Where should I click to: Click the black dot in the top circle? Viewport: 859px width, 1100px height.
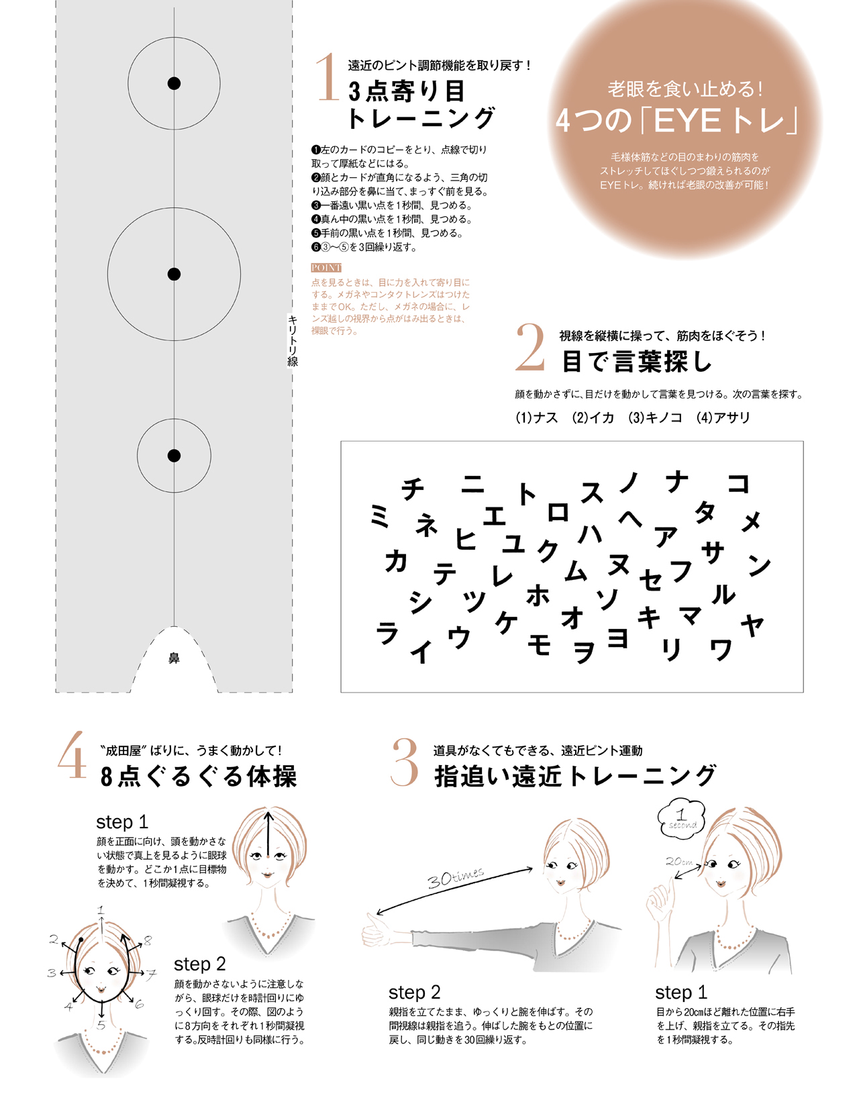click(x=174, y=83)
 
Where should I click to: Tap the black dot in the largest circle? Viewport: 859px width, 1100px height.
click(x=174, y=274)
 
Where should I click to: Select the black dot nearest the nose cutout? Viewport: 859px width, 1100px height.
click(x=174, y=456)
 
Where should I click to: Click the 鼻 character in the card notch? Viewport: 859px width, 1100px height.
click(x=174, y=658)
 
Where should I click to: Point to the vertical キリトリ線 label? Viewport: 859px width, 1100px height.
click(x=292, y=340)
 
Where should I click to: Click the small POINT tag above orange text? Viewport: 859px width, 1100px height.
click(x=326, y=267)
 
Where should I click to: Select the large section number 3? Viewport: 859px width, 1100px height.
click(x=405, y=762)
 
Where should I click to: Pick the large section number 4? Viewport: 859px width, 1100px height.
click(x=71, y=755)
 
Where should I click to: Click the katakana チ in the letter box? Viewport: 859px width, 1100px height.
click(x=413, y=489)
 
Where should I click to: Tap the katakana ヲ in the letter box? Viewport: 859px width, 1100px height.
click(x=584, y=652)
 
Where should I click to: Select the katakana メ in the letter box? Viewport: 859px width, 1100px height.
click(x=751, y=521)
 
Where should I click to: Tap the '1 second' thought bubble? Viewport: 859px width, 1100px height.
click(x=680, y=819)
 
